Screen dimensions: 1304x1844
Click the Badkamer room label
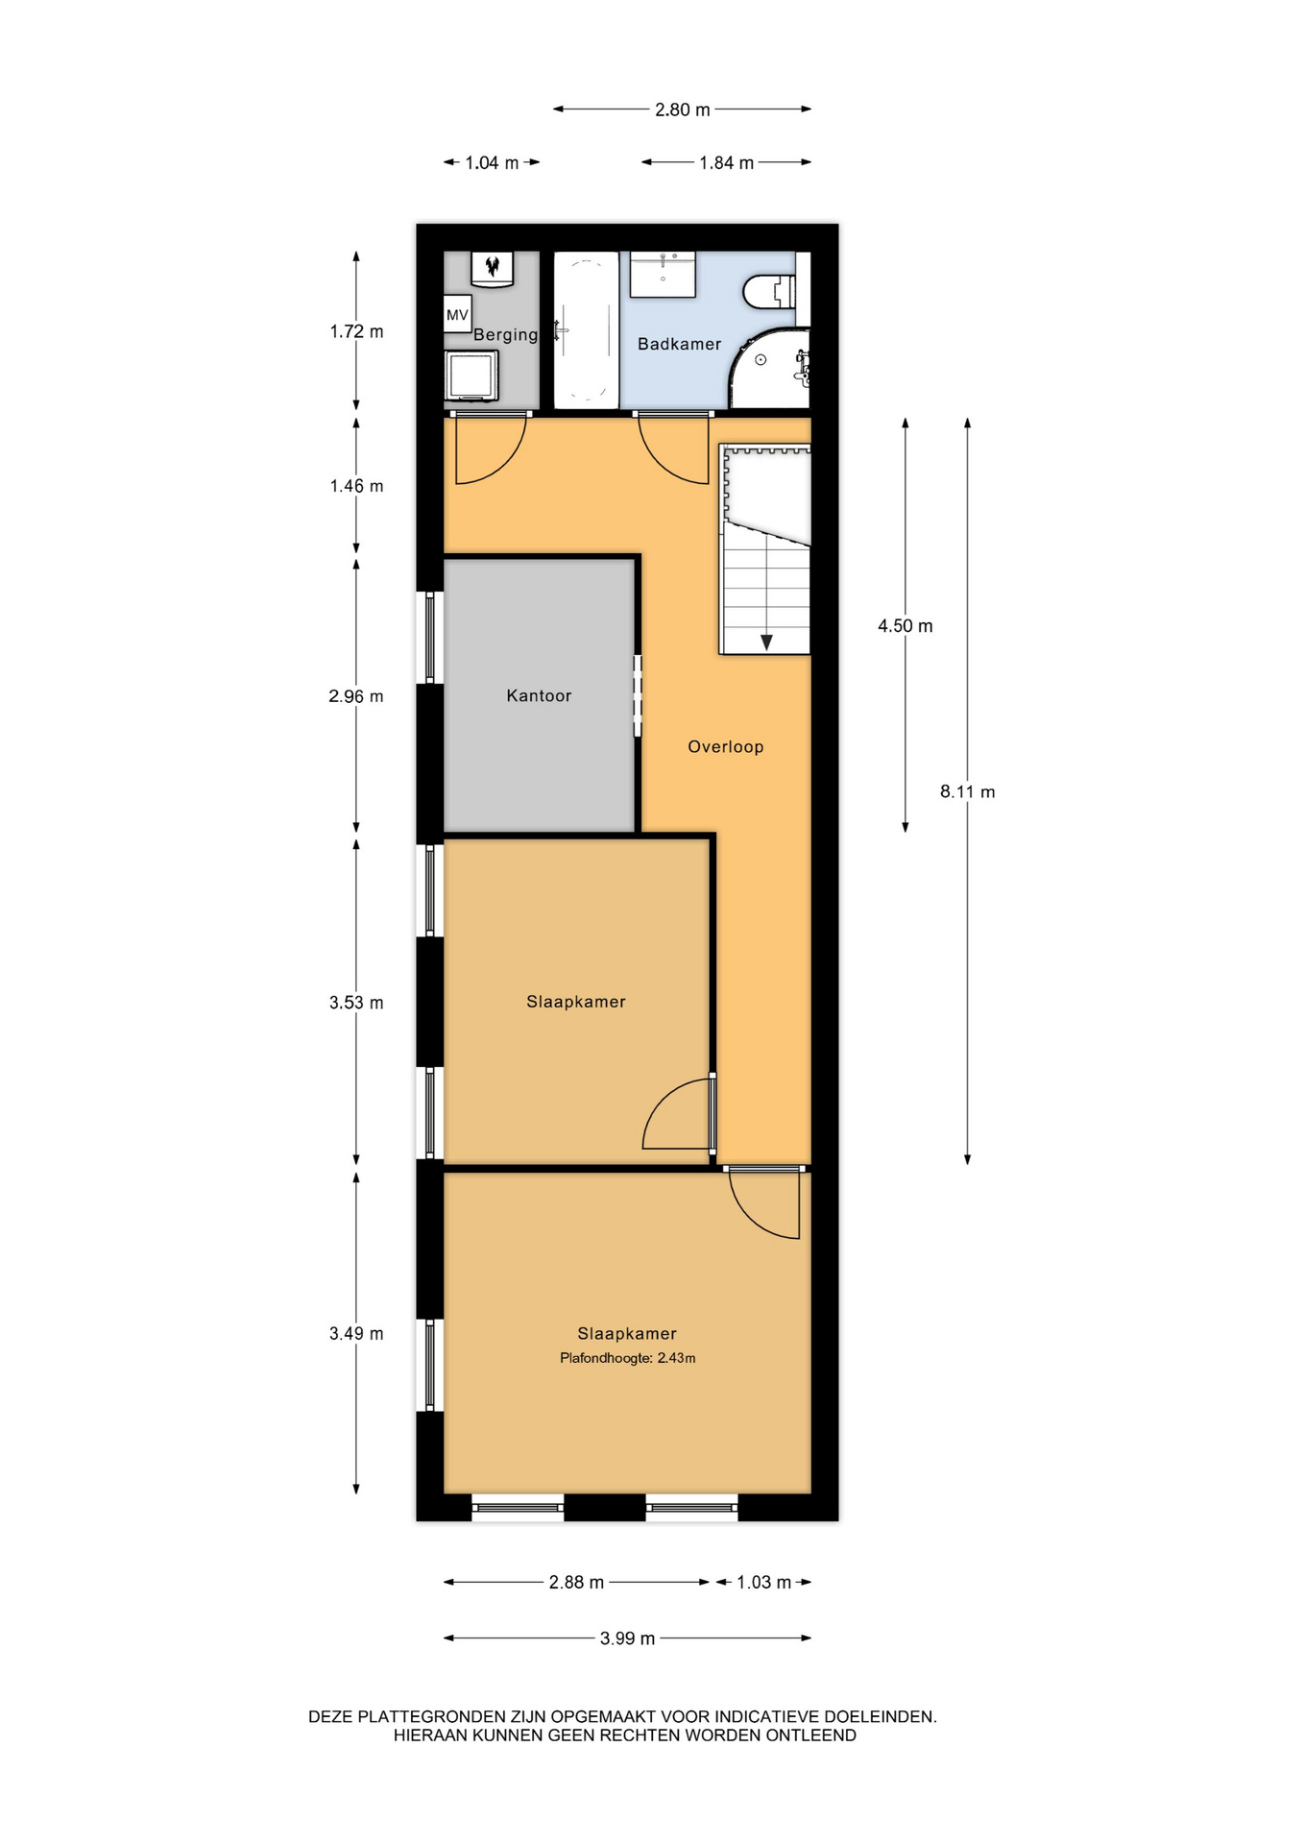click(679, 344)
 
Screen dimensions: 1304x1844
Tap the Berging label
click(505, 335)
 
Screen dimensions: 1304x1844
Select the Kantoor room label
click(539, 695)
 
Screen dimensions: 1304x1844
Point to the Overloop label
click(725, 746)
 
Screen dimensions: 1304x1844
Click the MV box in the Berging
click(457, 315)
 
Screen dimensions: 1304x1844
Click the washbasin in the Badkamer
click(663, 275)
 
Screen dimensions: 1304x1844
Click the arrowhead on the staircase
click(766, 643)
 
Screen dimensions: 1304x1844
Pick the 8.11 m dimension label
click(967, 792)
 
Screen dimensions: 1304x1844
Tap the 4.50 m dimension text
click(905, 626)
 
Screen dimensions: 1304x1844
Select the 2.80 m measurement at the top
click(683, 110)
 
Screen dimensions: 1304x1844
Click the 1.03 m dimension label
click(764, 1582)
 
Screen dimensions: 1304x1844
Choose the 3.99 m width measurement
click(627, 1638)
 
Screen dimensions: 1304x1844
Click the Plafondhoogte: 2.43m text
click(627, 1358)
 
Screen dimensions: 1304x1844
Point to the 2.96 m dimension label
click(356, 696)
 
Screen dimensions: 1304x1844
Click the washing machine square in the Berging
click(471, 376)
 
